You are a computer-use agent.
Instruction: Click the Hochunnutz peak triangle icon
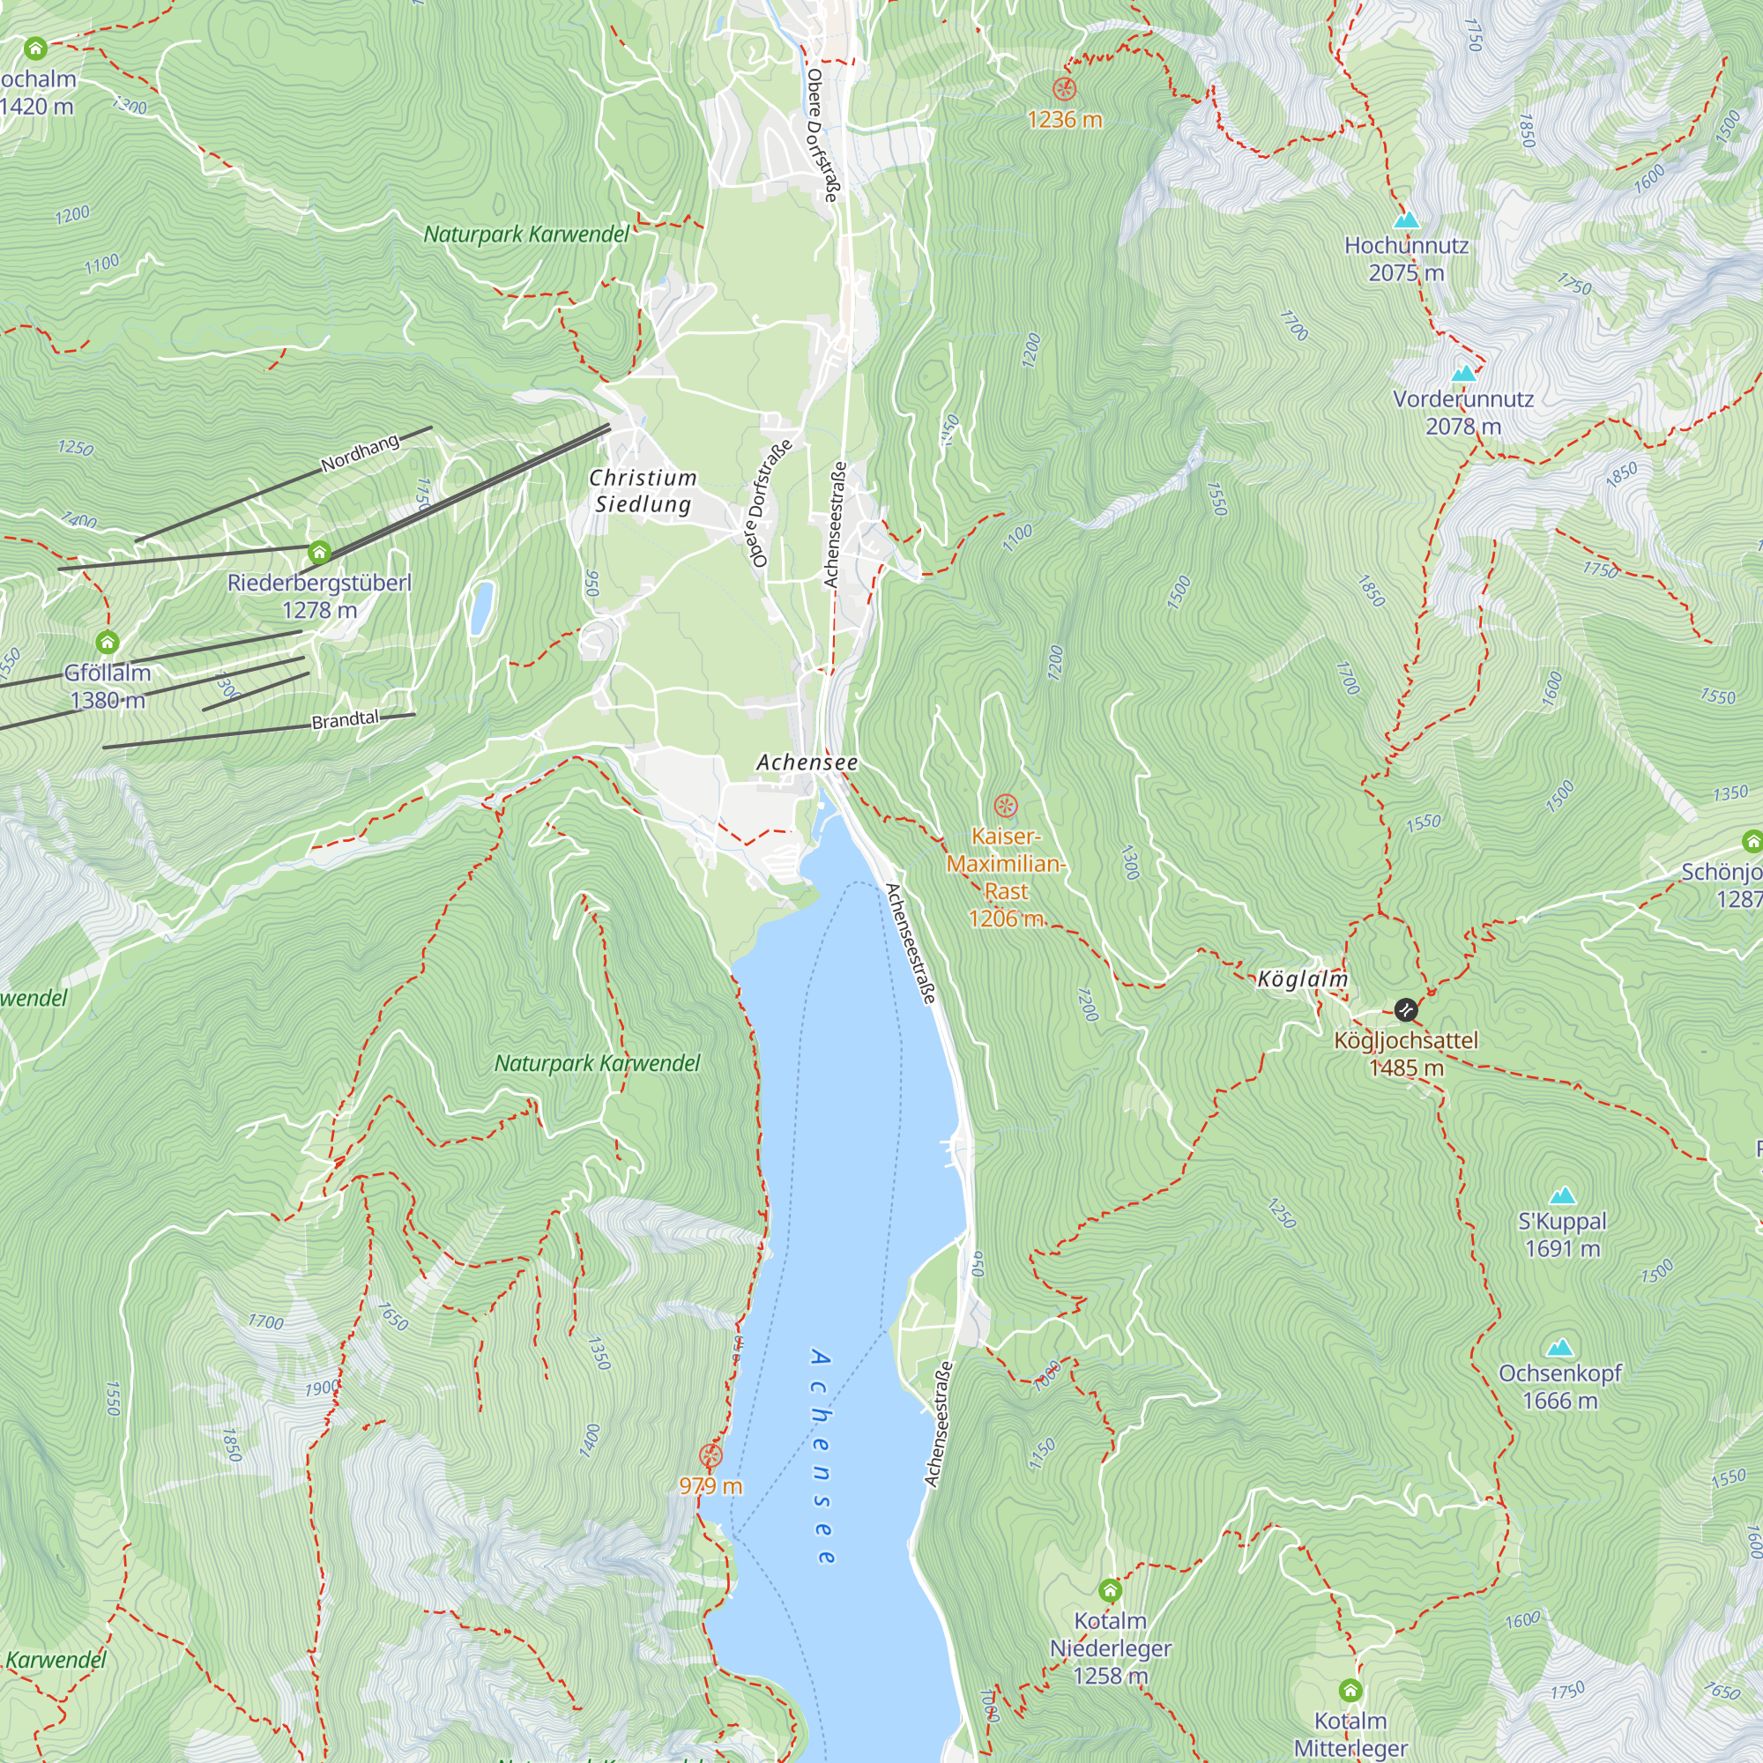[1406, 219]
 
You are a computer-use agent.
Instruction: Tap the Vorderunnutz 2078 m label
[1462, 413]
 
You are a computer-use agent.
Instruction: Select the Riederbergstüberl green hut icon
[318, 552]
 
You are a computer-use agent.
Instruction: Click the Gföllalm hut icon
[108, 643]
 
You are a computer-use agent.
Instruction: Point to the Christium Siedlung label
[643, 491]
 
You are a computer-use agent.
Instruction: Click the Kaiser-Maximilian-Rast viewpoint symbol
[1005, 806]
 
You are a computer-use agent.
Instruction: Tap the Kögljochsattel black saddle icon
[1405, 1009]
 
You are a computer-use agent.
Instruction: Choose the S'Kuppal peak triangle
[1562, 1195]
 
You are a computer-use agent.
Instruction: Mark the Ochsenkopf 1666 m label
[1559, 1386]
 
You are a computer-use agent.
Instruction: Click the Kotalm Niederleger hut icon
[1110, 1590]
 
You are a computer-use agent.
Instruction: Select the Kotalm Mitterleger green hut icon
[1350, 1690]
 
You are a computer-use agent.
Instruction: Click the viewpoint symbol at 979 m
[710, 1455]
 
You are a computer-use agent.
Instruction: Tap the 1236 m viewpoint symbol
[1064, 89]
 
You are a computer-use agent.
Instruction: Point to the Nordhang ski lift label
[361, 453]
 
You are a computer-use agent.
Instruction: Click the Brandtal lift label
[345, 720]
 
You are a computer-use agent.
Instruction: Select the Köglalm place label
[1302, 980]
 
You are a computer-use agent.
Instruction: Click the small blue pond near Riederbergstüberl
[481, 607]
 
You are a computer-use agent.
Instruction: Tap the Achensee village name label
[807, 762]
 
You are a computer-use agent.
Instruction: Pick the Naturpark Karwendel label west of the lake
[597, 1063]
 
